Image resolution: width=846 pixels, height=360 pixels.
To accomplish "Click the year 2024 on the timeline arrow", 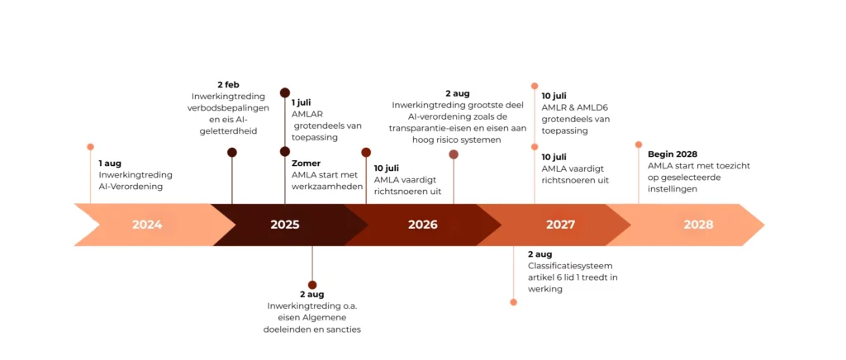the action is pyautogui.click(x=147, y=225).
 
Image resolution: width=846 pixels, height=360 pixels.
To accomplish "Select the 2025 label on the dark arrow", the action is pyautogui.click(x=285, y=225).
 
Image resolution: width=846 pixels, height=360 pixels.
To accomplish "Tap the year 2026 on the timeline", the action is pyautogui.click(x=423, y=225).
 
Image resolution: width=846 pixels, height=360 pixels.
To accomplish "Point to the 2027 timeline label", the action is pyautogui.click(x=561, y=225).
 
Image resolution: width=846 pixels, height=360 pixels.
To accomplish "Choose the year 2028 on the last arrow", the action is pyautogui.click(x=699, y=225).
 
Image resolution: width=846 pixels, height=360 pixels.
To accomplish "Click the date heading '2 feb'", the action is pyautogui.click(x=228, y=84).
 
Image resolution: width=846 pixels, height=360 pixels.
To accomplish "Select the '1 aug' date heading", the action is pyautogui.click(x=110, y=163).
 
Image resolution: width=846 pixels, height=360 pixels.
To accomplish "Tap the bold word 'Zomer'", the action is pyautogui.click(x=306, y=163).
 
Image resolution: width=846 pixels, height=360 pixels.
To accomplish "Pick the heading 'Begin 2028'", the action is pyautogui.click(x=673, y=154).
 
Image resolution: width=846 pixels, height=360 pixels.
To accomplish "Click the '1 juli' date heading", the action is pyautogui.click(x=302, y=102).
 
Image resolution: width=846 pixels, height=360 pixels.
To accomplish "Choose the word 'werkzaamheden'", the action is pyautogui.click(x=327, y=187).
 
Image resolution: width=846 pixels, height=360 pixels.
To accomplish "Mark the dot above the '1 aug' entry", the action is pyautogui.click(x=90, y=147).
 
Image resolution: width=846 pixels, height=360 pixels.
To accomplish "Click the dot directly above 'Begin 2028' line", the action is pyautogui.click(x=639, y=144).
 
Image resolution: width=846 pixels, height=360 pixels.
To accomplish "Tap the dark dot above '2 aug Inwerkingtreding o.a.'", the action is pyautogui.click(x=312, y=285).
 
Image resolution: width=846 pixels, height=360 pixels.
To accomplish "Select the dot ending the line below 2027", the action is pyautogui.click(x=513, y=302).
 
